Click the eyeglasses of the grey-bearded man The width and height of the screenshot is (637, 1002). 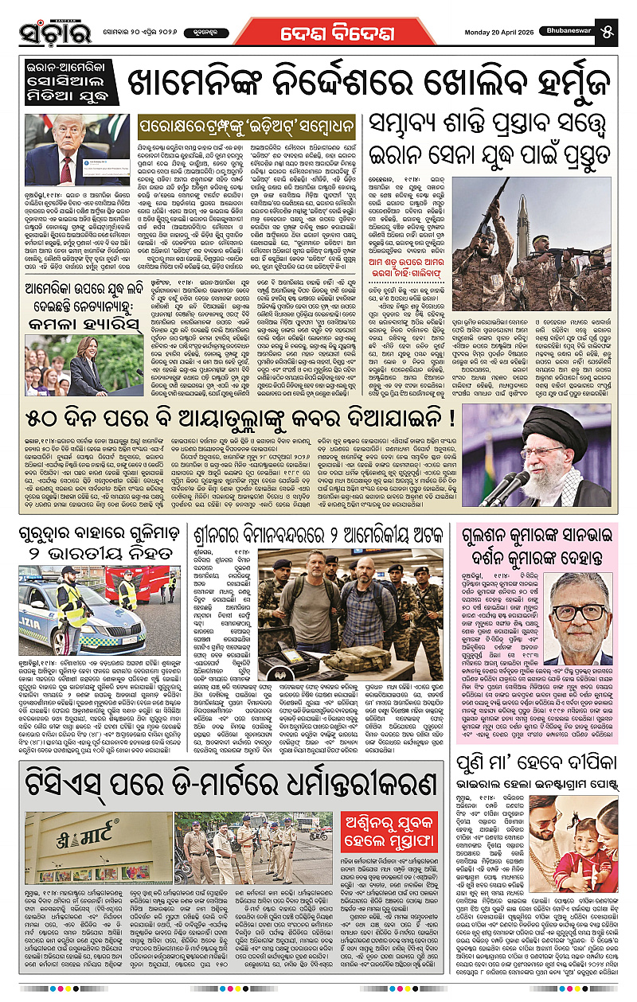tap(578, 613)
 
